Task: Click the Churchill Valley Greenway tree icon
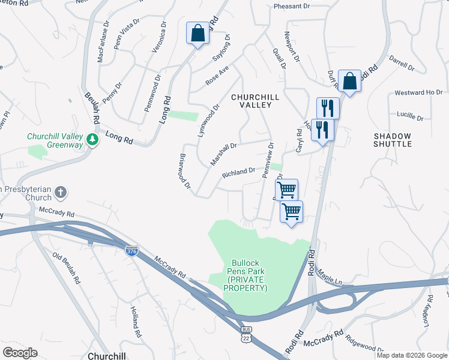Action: coord(92,139)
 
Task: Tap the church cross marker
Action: coord(60,193)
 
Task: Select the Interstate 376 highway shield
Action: coord(131,251)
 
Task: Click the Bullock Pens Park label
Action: coord(245,276)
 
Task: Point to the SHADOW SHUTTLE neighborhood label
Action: coord(393,140)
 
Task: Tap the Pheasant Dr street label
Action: coord(291,6)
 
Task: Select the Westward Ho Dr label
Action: coord(418,93)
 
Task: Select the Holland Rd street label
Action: coord(136,321)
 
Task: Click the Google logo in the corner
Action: coord(20,352)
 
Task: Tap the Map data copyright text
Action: coord(412,355)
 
